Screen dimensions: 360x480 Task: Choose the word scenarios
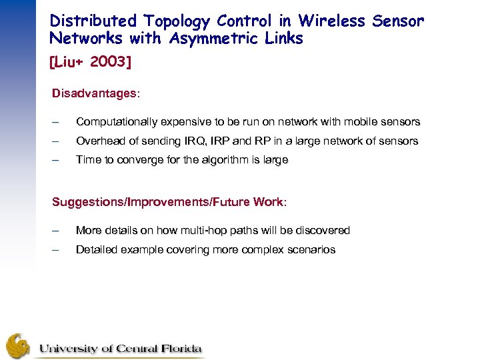point(311,250)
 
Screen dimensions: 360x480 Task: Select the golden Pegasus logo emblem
point(18,346)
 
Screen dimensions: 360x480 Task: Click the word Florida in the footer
point(178,349)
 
